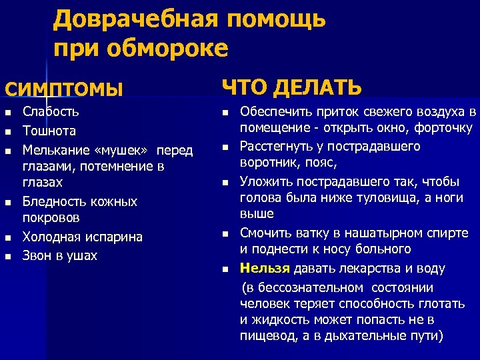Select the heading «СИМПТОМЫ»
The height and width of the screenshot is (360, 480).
(64, 89)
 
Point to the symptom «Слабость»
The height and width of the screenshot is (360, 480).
(51, 111)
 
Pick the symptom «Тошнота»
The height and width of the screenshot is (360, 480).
(49, 131)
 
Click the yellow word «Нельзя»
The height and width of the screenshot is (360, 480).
(265, 268)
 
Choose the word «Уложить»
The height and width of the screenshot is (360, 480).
(265, 181)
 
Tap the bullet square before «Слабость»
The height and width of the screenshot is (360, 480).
(7, 112)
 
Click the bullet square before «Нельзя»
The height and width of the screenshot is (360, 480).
(225, 269)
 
